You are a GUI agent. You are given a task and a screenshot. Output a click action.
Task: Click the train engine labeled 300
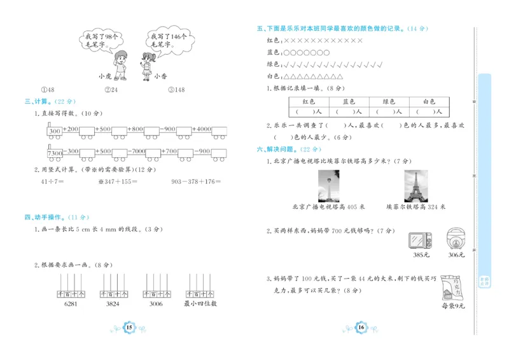tap(54, 130)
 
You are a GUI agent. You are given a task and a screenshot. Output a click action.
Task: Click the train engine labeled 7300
tap(54, 152)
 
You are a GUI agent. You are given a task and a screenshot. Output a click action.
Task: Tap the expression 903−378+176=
tap(196, 181)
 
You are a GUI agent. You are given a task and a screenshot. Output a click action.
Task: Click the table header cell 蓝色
tap(349, 101)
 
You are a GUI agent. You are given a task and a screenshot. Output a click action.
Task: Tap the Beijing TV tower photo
tap(328, 186)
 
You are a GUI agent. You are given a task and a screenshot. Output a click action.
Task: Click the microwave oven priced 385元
tap(421, 240)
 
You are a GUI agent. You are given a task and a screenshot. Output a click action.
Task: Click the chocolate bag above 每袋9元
tap(454, 286)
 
